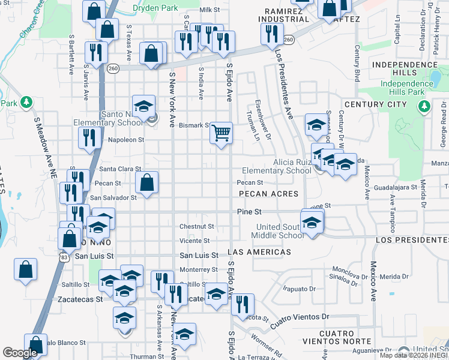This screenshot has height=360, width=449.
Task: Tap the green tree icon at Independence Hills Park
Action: point(424,107)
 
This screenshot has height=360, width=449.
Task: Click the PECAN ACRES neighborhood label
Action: point(268,194)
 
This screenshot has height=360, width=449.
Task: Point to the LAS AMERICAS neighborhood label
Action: point(259,253)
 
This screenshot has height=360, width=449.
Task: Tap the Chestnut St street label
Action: point(197,226)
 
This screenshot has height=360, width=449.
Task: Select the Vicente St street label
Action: point(194,241)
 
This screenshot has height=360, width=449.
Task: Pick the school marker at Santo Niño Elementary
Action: point(144,107)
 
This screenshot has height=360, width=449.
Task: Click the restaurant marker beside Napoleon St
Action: point(89,137)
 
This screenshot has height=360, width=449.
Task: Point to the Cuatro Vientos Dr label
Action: point(301,316)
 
